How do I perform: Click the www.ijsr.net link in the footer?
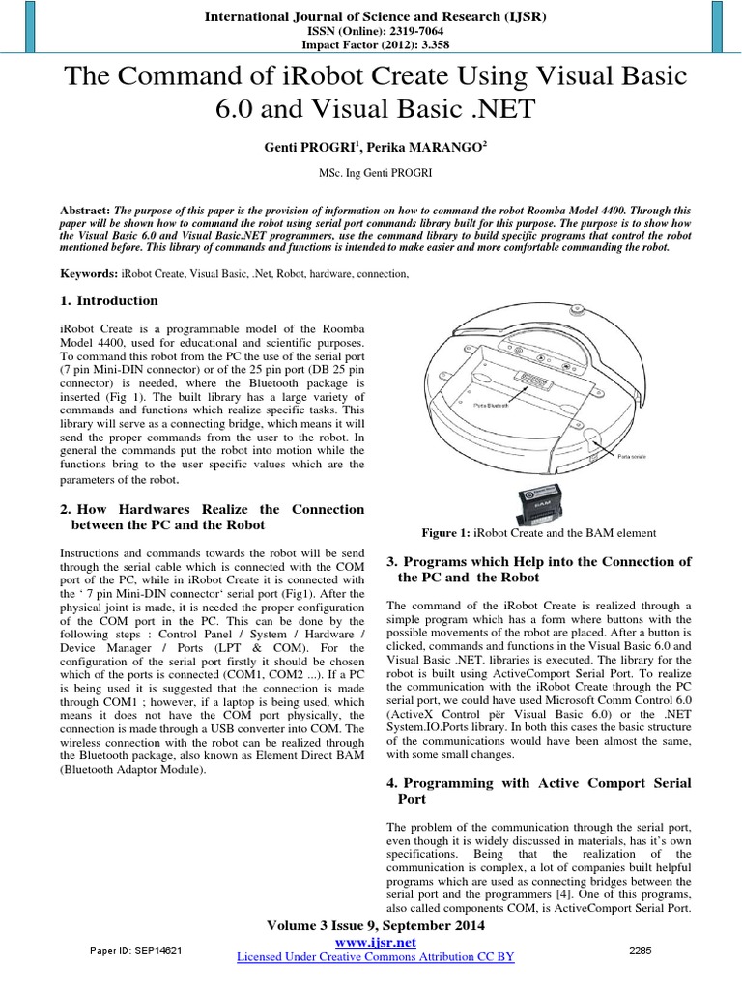[375, 941]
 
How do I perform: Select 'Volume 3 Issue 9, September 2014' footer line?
[375, 926]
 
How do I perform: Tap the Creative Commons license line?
[375, 956]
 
